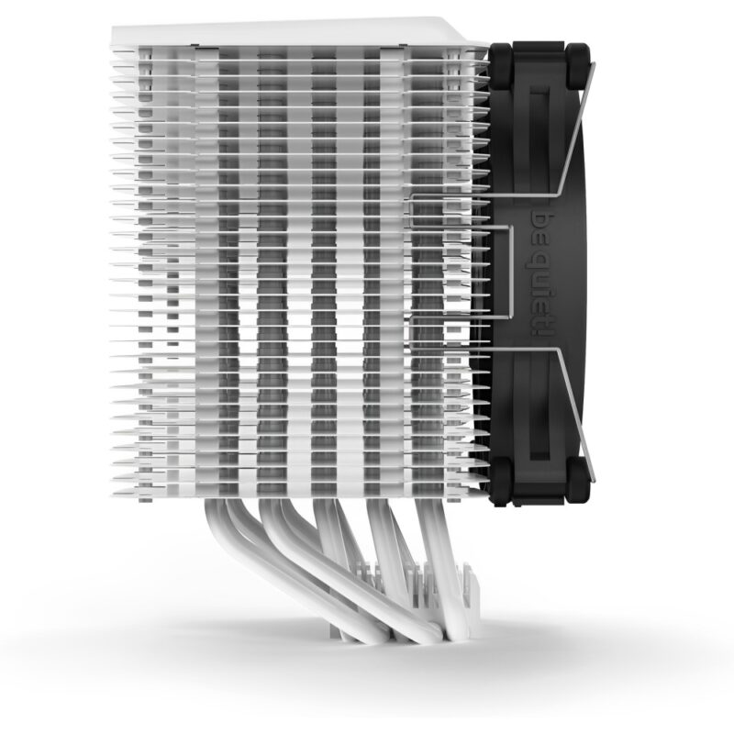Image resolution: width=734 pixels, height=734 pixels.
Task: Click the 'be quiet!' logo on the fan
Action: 542,275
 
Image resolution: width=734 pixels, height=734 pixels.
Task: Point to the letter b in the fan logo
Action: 542,221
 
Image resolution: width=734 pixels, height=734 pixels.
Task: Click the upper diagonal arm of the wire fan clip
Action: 577,128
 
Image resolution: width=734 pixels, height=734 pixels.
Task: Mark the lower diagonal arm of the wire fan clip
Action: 577,416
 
